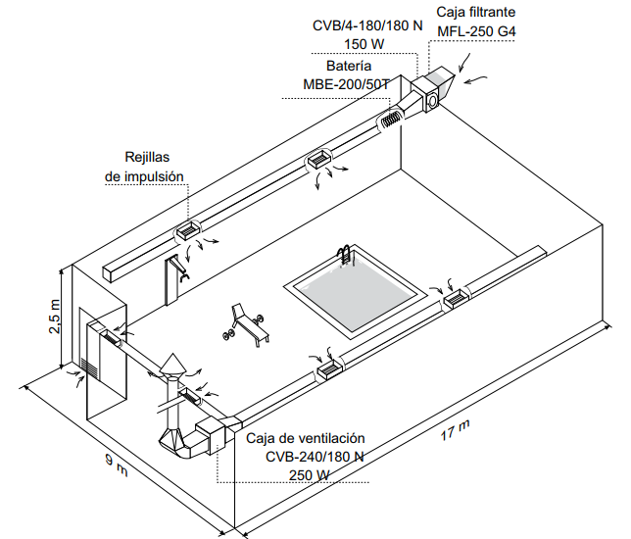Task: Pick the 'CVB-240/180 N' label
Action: point(315,457)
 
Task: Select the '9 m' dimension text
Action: point(119,466)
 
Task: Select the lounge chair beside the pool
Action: point(246,323)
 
